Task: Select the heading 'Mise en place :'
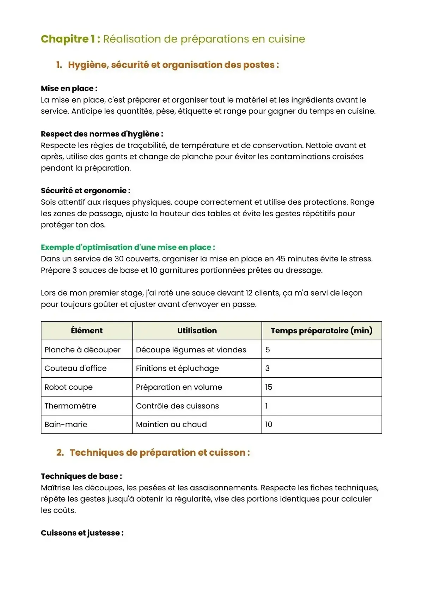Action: pyautogui.click(x=69, y=89)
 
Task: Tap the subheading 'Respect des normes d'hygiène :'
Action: pyautogui.click(x=102, y=134)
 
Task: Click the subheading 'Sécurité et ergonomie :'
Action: pyautogui.click(x=86, y=191)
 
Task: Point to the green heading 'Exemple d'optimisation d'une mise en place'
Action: pyautogui.click(x=128, y=247)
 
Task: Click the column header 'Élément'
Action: pyautogui.click(x=87, y=331)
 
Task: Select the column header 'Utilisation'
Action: pyautogui.click(x=197, y=331)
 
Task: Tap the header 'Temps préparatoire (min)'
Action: pyautogui.click(x=321, y=331)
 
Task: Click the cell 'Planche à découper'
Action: pyautogui.click(x=82, y=350)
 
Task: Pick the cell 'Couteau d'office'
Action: pyautogui.click(x=75, y=368)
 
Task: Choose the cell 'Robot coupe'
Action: pyautogui.click(x=68, y=387)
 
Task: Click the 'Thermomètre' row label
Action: pyautogui.click(x=70, y=406)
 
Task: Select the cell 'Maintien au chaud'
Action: pyautogui.click(x=171, y=425)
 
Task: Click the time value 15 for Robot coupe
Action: pyautogui.click(x=269, y=387)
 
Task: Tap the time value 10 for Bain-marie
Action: pyautogui.click(x=269, y=425)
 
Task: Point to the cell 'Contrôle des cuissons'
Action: pyautogui.click(x=177, y=406)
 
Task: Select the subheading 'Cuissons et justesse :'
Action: pyautogui.click(x=82, y=533)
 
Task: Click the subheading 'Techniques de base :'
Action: pyautogui.click(x=81, y=476)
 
